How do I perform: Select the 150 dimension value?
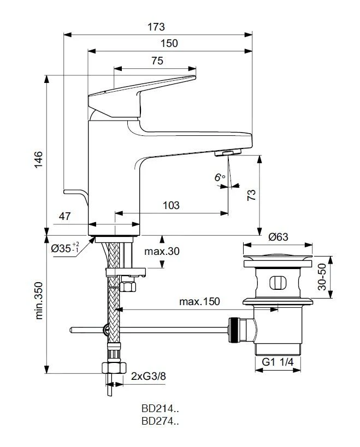pyautogui.click(x=170, y=44)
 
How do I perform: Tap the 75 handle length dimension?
pyautogui.click(x=157, y=61)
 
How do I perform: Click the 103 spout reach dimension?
pyautogui.click(x=172, y=205)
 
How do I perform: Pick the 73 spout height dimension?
pyautogui.click(x=251, y=196)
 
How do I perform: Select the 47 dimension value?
pyautogui.click(x=64, y=217)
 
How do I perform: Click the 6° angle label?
pyautogui.click(x=219, y=177)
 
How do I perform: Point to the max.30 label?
pyautogui.click(x=162, y=252)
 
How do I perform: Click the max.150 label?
pyautogui.click(x=198, y=302)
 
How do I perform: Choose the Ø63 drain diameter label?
pyautogui.click(x=278, y=237)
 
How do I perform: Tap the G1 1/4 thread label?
pyautogui.click(x=278, y=362)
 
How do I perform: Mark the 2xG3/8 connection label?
pyautogui.click(x=148, y=376)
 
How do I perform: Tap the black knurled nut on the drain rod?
pyautogui.click(x=234, y=329)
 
